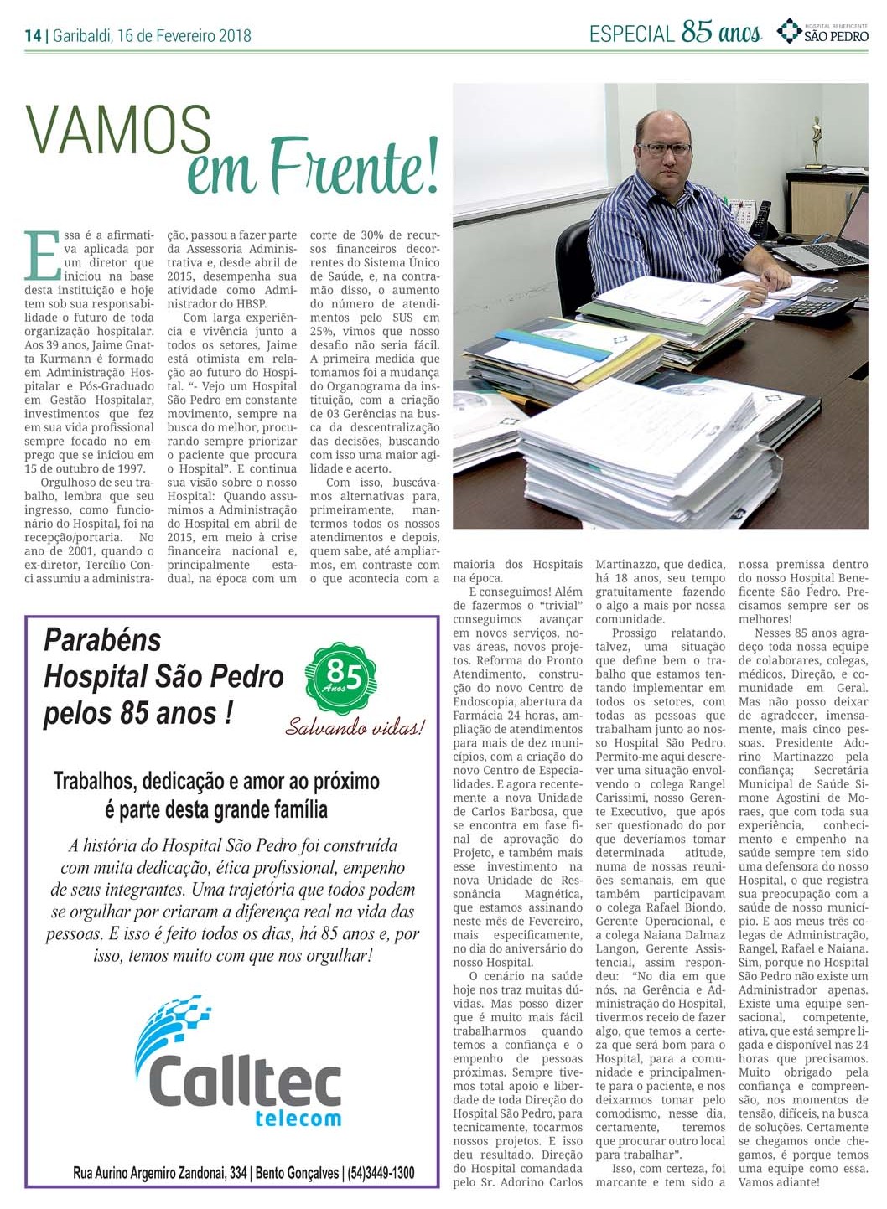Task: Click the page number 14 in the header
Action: click(x=33, y=35)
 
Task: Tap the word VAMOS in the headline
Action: click(x=117, y=132)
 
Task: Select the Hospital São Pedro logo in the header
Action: click(x=822, y=32)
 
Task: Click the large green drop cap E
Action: click(x=43, y=256)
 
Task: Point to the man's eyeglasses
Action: click(x=664, y=148)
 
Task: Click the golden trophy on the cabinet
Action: click(x=815, y=142)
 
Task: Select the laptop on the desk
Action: click(x=830, y=239)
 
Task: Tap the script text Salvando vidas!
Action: click(x=355, y=726)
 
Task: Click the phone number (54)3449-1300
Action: click(x=381, y=1173)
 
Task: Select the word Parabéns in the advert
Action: click(x=102, y=641)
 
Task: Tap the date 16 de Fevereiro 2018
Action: click(x=184, y=35)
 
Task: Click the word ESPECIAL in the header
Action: click(x=631, y=34)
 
